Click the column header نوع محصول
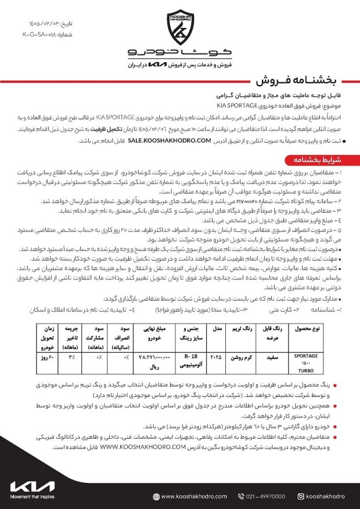pyautogui.click(x=306, y=329)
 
